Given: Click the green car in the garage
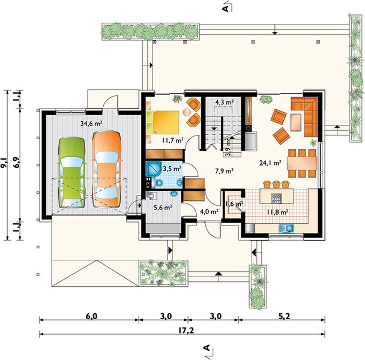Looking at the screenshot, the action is [71, 172].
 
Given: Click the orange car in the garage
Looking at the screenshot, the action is [107, 169].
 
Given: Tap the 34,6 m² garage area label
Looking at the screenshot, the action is [91, 124].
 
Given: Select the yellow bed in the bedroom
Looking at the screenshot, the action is [163, 122].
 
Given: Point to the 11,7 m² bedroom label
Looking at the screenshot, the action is [173, 140].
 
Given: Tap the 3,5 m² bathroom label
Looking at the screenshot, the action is [172, 169].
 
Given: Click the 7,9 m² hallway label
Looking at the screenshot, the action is [224, 171].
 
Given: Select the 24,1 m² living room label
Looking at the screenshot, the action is [270, 163].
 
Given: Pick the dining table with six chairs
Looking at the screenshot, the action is [302, 163].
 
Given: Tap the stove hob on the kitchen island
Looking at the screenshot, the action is [276, 198].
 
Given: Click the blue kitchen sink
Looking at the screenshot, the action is [286, 228].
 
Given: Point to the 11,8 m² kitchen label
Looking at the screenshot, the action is [278, 212].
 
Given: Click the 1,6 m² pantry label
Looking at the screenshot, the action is [234, 204].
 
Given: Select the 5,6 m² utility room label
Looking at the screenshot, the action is [163, 208].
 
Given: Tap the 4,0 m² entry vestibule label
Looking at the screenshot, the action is [209, 212].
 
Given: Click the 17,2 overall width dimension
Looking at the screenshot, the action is [187, 330].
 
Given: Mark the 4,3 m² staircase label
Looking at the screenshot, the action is [225, 101].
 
